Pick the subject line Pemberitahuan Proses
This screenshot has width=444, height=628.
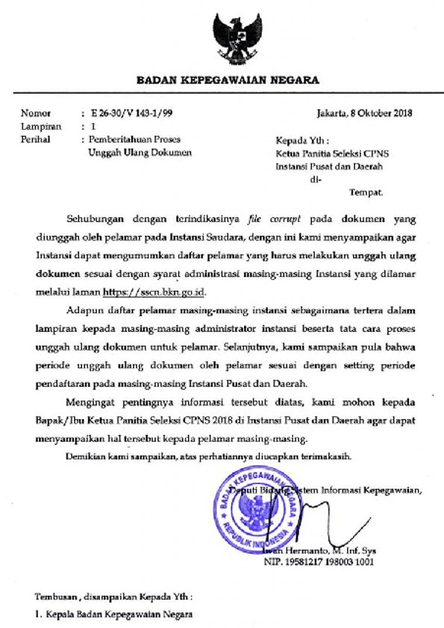(135, 139)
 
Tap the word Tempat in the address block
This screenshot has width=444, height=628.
(366, 192)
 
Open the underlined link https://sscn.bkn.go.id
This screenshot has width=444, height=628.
(144, 274)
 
